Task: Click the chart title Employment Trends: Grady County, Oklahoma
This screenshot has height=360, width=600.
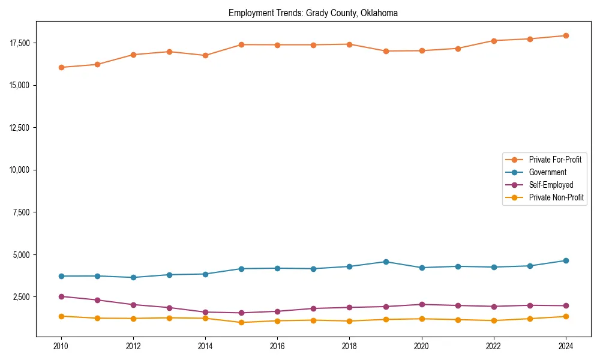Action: pos(313,13)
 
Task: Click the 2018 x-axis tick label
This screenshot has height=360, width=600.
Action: pos(350,346)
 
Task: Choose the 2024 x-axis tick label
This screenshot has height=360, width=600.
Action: pos(566,346)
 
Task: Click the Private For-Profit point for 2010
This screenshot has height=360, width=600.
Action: pos(61,67)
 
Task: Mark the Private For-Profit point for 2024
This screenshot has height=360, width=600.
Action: pos(566,35)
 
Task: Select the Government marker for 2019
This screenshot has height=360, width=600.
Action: pos(386,262)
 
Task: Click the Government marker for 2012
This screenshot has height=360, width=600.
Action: pos(133,277)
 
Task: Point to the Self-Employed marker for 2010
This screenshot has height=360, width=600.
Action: pos(61,296)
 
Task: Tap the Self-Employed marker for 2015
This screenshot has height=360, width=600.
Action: pos(241,313)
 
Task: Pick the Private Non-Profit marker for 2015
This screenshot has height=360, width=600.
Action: pos(241,322)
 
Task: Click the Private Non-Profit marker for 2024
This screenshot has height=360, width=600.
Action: pos(566,316)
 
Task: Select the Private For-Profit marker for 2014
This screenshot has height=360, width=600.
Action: pos(205,55)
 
